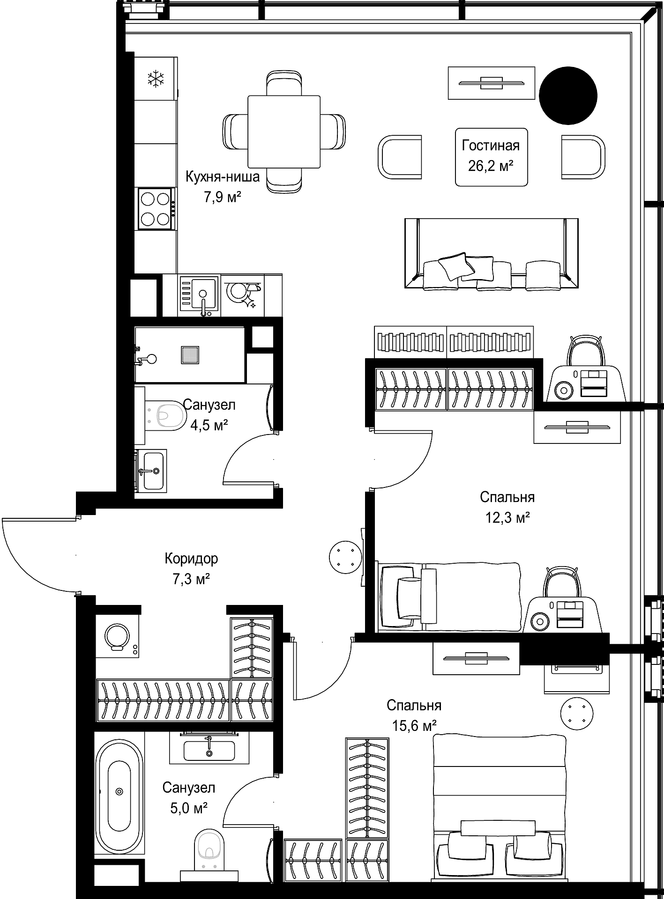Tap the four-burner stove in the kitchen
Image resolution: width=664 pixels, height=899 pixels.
click(x=157, y=209)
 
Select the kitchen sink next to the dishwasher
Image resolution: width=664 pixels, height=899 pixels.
click(x=198, y=295)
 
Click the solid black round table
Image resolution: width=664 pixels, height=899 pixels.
click(x=568, y=95)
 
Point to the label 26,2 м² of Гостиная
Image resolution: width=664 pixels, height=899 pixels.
click(x=491, y=166)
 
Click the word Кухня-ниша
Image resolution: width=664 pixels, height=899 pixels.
click(x=223, y=177)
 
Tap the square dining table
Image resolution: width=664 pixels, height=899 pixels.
click(x=284, y=132)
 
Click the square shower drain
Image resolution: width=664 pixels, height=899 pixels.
click(x=190, y=354)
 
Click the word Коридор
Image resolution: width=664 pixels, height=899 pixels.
click(x=191, y=559)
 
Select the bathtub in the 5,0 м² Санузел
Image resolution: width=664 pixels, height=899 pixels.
click(x=119, y=791)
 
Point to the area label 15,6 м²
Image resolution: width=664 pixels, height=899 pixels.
click(x=414, y=726)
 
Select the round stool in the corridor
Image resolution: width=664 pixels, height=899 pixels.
click(x=346, y=556)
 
